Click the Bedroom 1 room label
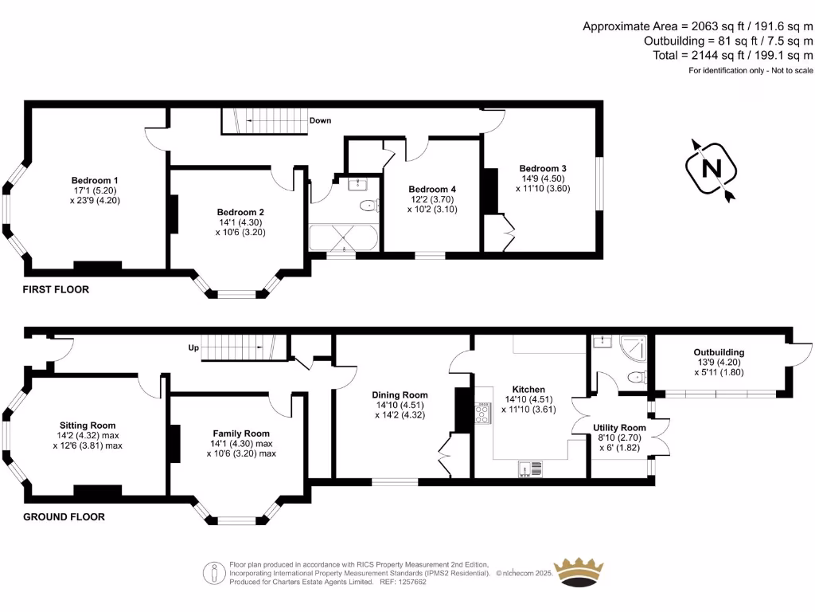pyautogui.click(x=95, y=181)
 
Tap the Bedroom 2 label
pyautogui.click(x=240, y=212)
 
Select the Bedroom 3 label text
pyautogui.click(x=543, y=169)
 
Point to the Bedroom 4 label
pyautogui.click(x=432, y=190)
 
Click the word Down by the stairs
pyautogui.click(x=320, y=121)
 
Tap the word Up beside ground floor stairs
pyautogui.click(x=193, y=347)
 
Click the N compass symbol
pyautogui.click(x=711, y=169)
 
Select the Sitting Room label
pyautogui.click(x=88, y=426)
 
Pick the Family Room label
pyautogui.click(x=241, y=433)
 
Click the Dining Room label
pyautogui.click(x=400, y=395)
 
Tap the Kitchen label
pyautogui.click(x=528, y=390)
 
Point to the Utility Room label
pyautogui.click(x=619, y=428)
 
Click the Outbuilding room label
pyautogui.click(x=719, y=352)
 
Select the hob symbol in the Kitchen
pyautogui.click(x=483, y=413)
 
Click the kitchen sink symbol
pyautogui.click(x=530, y=469)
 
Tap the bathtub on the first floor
pyautogui.click(x=344, y=237)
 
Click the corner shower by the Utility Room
pyautogui.click(x=634, y=347)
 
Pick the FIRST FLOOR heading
pyautogui.click(x=56, y=290)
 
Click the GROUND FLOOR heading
pyautogui.click(x=64, y=517)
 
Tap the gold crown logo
pyautogui.click(x=579, y=573)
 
